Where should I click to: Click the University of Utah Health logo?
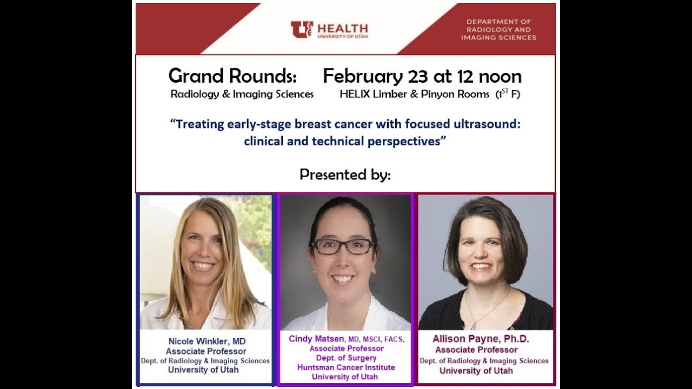[x=329, y=29]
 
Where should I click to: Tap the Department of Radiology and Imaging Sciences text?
[x=498, y=30]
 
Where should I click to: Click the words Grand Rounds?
[x=232, y=76]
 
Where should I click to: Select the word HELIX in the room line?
[x=354, y=94]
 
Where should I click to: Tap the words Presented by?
[x=345, y=175]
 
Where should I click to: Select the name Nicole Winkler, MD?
[x=206, y=341]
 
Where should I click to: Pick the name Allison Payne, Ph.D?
[x=481, y=339]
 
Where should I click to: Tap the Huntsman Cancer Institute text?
[x=346, y=367]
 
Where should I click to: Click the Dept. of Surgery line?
[x=346, y=358]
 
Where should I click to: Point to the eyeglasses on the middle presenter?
[x=343, y=246]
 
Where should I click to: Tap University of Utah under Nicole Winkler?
[x=203, y=370]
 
